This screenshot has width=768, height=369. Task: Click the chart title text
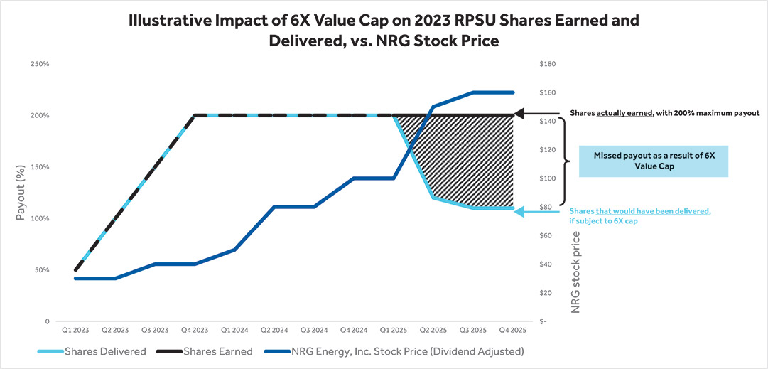[384, 31]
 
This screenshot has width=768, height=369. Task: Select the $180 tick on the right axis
[547, 64]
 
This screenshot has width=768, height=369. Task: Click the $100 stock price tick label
[547, 178]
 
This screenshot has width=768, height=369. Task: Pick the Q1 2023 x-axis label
[75, 331]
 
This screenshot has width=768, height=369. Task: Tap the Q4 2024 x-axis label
[353, 331]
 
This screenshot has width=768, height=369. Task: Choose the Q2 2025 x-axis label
[433, 331]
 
